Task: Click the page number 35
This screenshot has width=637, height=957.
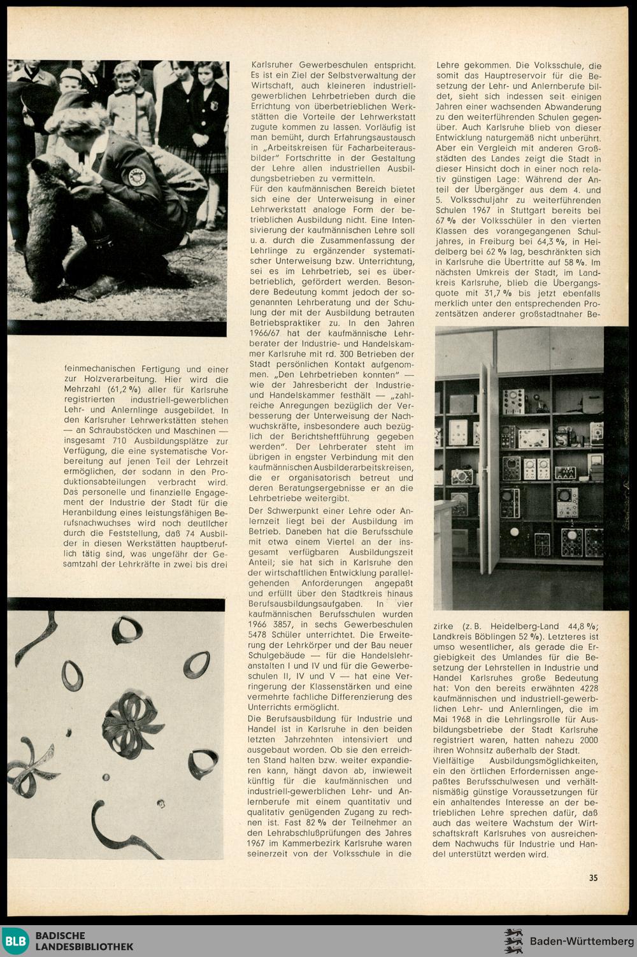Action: coord(593,877)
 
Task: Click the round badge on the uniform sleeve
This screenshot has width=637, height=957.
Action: coord(137,176)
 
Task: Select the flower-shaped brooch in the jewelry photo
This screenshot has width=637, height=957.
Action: coord(132,725)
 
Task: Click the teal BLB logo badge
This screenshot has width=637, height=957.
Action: coord(15,941)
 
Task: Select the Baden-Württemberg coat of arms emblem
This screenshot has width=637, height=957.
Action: coord(513,941)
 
